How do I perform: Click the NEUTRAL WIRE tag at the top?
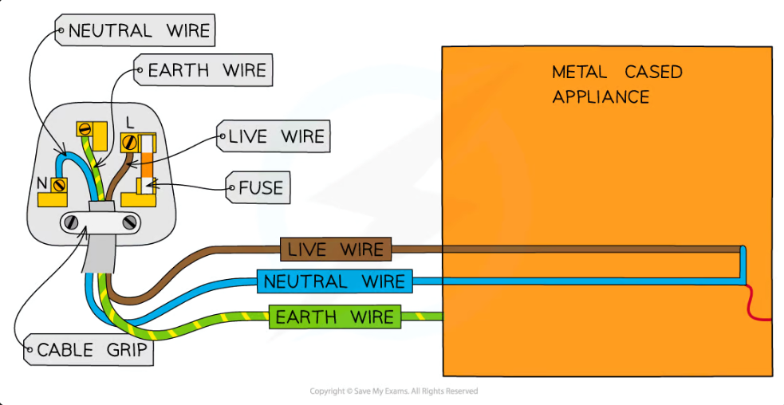135,30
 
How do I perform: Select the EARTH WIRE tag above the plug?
203,70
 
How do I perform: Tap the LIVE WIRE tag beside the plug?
273,136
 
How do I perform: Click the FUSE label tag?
258,187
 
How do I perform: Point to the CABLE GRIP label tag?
89,349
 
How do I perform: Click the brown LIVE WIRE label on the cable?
336,249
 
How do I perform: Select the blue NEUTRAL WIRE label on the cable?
334,281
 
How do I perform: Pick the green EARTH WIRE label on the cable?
334,317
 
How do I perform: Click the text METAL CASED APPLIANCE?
617,84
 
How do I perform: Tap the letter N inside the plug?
42,183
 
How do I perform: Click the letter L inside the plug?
130,122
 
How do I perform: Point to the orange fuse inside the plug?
147,164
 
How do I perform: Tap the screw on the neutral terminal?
59,186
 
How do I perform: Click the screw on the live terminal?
130,143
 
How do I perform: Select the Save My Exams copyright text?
393,391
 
